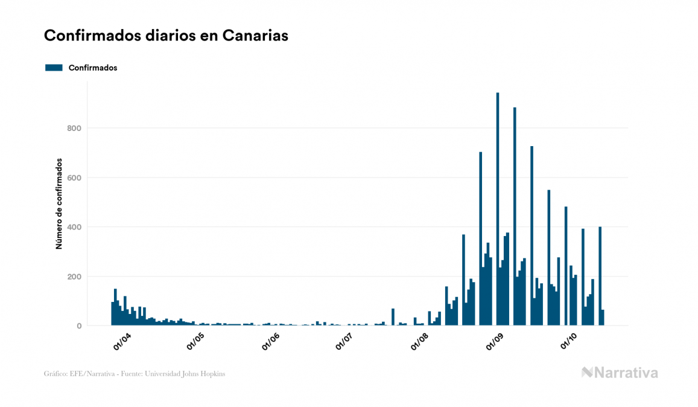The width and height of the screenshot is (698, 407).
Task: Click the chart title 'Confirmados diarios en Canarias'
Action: coord(166,36)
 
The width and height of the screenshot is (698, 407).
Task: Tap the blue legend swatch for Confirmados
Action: coord(54,68)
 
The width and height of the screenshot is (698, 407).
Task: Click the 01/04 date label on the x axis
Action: coord(122,341)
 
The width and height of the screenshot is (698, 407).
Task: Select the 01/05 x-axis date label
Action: coord(197,341)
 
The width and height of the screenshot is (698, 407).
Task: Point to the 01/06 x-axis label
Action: coord(271,341)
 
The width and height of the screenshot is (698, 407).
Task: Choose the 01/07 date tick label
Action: coord(344,341)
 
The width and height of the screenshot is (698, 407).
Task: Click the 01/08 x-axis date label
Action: coord(420,341)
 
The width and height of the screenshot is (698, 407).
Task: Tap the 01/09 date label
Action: coord(495,341)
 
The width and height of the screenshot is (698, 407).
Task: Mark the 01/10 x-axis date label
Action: coord(569,341)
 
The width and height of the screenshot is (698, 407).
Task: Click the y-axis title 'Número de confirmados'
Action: coord(59,204)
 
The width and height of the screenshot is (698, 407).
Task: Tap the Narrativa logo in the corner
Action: coord(620,373)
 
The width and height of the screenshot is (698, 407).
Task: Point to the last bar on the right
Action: coord(602,318)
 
